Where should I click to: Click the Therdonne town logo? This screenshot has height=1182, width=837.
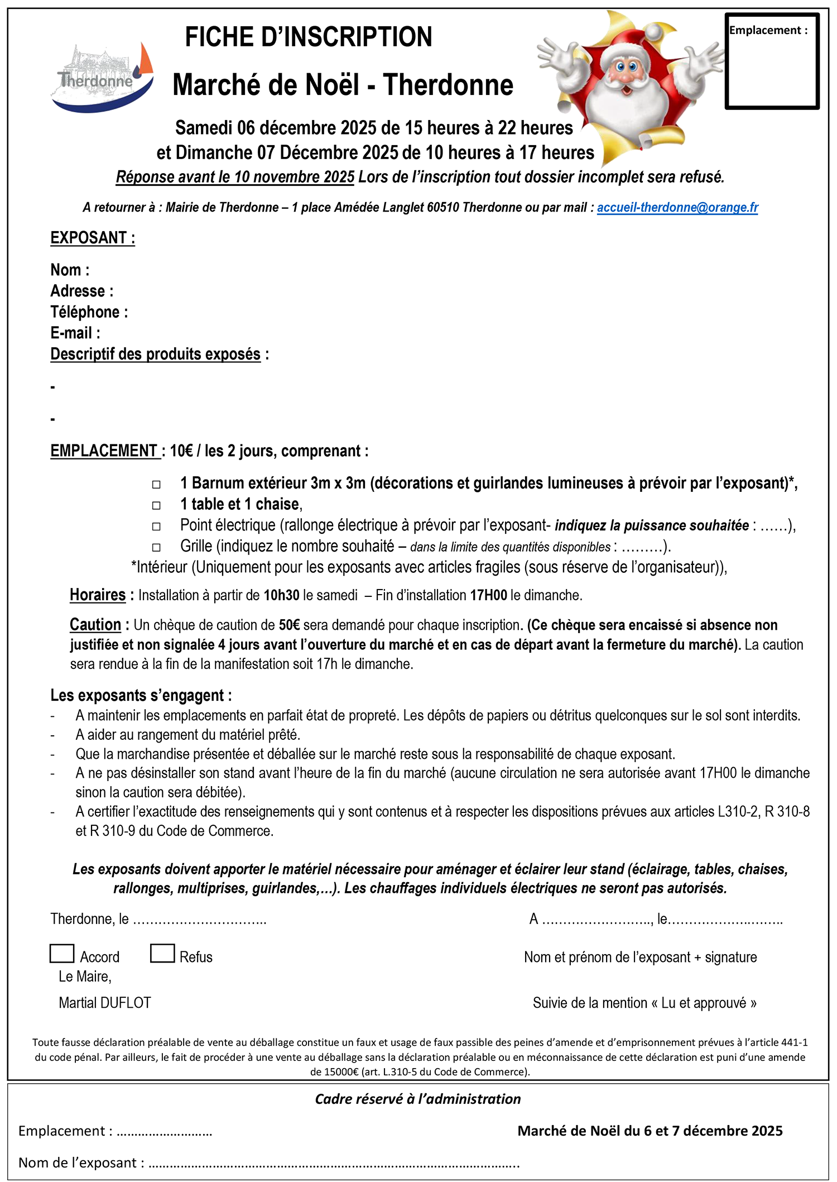coord(102,78)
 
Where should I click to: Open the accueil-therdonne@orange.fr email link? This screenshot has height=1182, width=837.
coord(677,208)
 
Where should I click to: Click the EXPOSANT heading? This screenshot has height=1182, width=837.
coord(93,238)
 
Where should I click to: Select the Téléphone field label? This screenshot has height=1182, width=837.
coord(89,312)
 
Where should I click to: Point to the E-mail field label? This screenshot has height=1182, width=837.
coord(75,333)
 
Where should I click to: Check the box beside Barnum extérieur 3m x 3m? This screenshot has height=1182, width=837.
coord(157,484)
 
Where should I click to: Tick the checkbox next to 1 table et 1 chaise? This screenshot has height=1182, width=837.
coord(157,505)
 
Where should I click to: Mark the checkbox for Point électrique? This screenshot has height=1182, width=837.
coord(157,527)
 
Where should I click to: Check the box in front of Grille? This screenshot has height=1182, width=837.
coord(157,548)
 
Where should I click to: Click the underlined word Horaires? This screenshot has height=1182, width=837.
coord(98,595)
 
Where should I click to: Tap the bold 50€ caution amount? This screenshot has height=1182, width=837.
coord(289,625)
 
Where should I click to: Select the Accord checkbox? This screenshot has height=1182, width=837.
coord(62,954)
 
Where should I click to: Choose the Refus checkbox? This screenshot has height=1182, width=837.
coord(162,954)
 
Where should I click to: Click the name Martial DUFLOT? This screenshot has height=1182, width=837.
coord(105,1003)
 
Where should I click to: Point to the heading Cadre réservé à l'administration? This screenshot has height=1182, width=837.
coord(417,1099)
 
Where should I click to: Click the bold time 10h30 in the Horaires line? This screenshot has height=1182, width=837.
coord(281,596)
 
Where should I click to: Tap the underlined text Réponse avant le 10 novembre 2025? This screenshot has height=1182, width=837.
coord(235,178)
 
